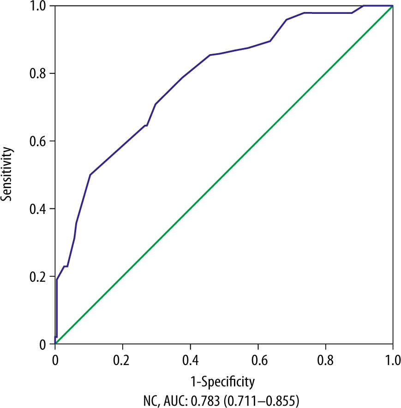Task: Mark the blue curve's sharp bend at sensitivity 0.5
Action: click(90, 175)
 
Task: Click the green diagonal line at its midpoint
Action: click(224, 175)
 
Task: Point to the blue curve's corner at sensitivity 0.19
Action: click(57, 280)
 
